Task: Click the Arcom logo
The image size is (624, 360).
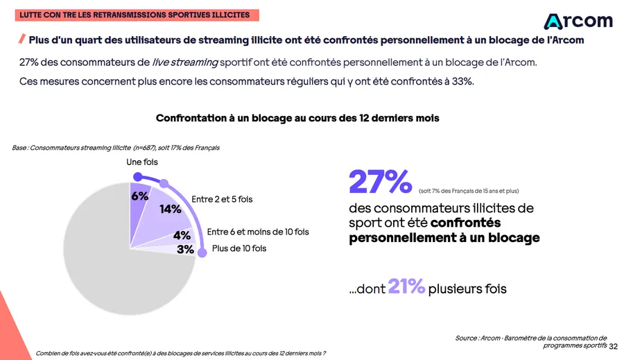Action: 578,21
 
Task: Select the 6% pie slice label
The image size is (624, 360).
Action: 140,196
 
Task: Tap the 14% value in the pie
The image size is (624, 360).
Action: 171,209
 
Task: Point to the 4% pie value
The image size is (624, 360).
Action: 182,235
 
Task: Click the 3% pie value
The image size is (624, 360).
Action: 185,249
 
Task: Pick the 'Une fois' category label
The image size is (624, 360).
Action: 142,162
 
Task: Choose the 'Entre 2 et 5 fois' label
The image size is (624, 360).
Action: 222,199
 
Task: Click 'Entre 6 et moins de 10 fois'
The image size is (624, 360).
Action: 258,232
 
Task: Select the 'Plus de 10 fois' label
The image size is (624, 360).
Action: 239,248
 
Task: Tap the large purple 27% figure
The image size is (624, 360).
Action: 381,182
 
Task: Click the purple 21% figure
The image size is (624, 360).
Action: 406,286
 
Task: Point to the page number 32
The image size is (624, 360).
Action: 613,345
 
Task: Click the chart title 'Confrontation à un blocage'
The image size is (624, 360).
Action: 297,118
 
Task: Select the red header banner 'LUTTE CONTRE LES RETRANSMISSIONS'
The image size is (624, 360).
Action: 135,14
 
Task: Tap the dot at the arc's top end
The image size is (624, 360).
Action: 137,176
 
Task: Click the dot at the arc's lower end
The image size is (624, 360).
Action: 202,254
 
